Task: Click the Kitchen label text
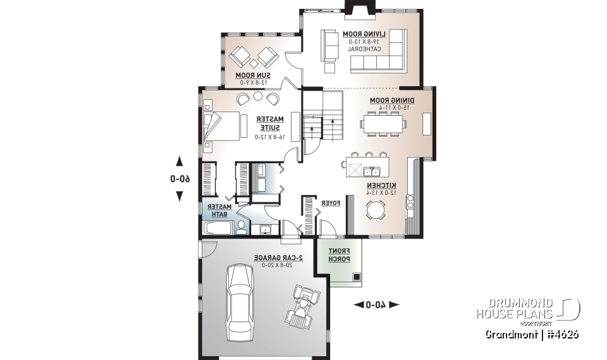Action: pyautogui.click(x=382, y=185)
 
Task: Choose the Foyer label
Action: pyautogui.click(x=331, y=203)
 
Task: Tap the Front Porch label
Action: pyautogui.click(x=339, y=254)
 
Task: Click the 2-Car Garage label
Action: pyautogui.click(x=278, y=258)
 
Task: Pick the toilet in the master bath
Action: pyautogui.click(x=241, y=227)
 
